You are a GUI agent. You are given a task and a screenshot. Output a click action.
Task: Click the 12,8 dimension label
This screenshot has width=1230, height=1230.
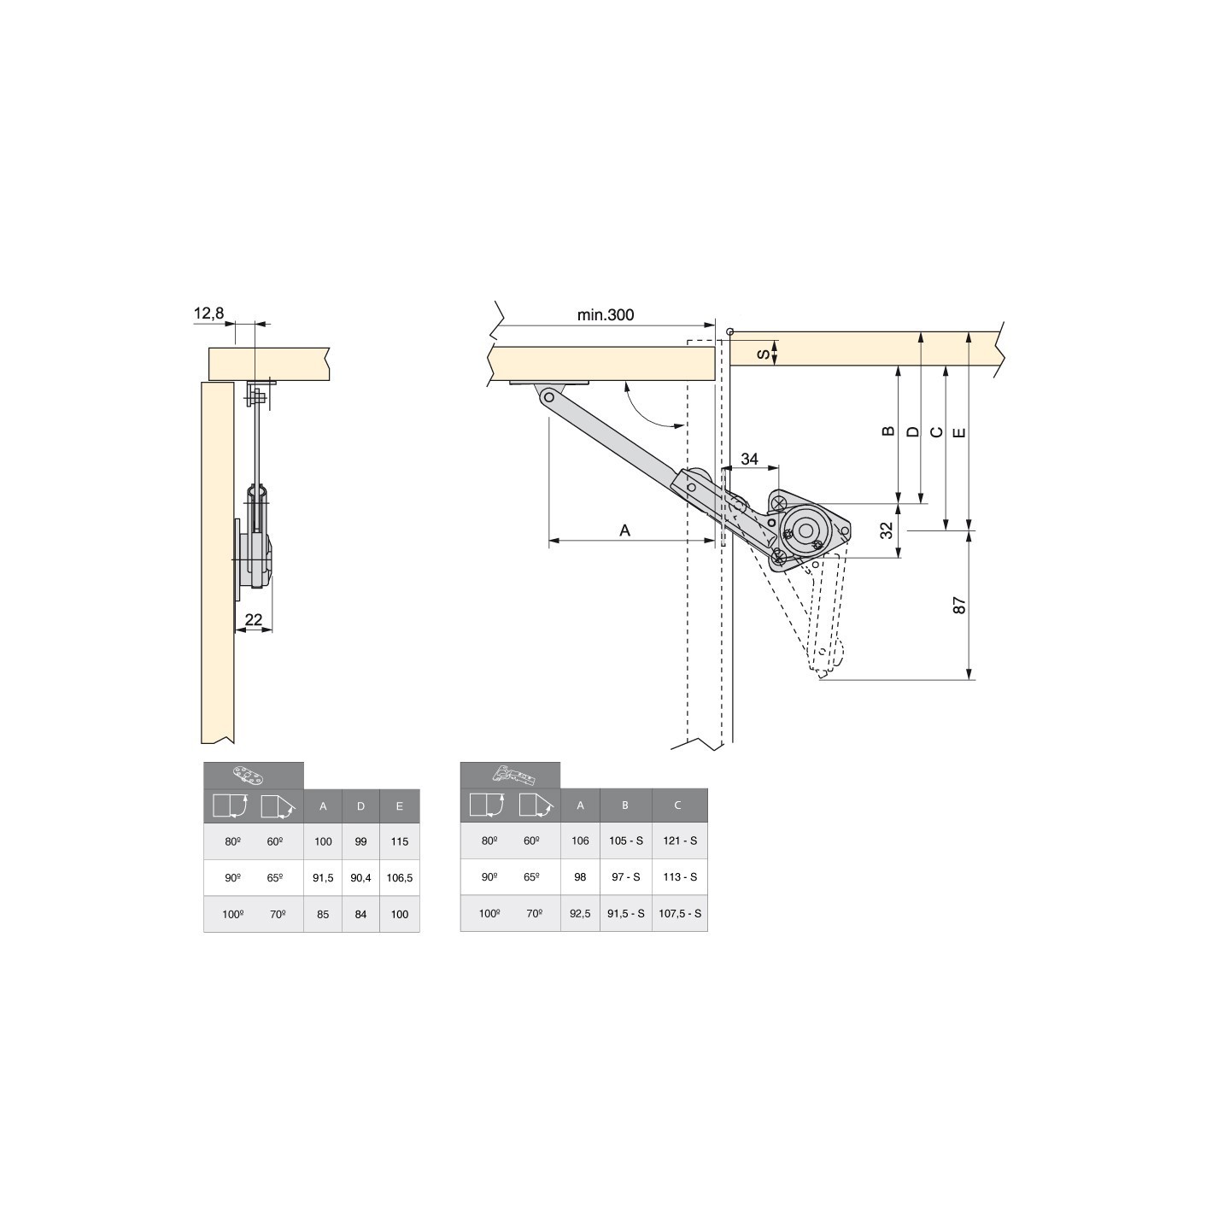(x=208, y=313)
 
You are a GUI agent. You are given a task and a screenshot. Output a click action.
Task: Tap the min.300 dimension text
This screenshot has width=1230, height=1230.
(x=605, y=314)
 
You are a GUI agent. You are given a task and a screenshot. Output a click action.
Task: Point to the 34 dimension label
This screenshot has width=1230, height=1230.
(x=749, y=459)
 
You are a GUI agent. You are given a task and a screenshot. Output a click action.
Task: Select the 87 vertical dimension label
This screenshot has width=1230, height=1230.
(x=958, y=605)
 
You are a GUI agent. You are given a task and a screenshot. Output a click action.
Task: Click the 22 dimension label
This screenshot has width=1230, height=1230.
(x=254, y=619)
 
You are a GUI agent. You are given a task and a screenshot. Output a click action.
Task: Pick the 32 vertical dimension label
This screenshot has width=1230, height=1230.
(x=887, y=530)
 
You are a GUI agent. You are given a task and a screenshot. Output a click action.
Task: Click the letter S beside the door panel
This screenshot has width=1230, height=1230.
(x=764, y=353)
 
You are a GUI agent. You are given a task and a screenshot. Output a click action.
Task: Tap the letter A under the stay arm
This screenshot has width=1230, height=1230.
(x=625, y=530)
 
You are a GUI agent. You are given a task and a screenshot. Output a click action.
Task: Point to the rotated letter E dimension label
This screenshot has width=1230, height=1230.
(x=958, y=432)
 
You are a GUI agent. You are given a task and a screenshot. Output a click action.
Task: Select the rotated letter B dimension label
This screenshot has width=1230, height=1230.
(x=887, y=431)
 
